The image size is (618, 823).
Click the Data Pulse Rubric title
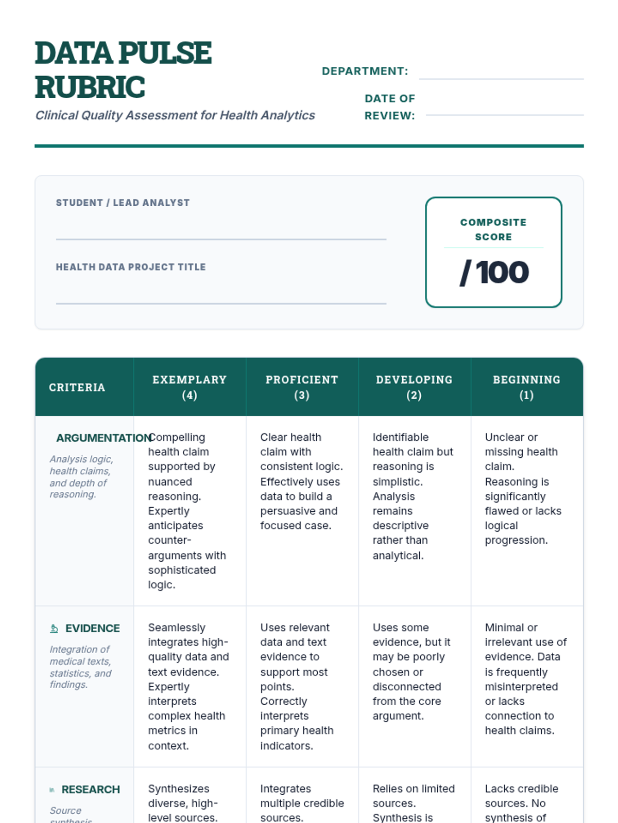point(124,69)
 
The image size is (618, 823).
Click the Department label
point(365,71)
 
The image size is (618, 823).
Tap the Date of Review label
point(390,107)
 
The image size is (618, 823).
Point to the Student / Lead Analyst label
point(123,203)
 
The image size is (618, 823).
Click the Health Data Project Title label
point(131,267)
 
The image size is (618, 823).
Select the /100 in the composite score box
point(494,272)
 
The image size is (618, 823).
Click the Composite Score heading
point(493,229)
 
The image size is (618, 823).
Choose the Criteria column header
point(77,387)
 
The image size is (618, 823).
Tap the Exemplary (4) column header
point(190,387)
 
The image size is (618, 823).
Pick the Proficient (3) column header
point(302,387)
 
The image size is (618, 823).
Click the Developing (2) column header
point(414,387)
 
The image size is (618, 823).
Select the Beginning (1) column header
point(526,387)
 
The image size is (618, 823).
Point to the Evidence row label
point(93,628)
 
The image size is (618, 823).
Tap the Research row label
point(91,789)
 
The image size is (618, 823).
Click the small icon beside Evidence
point(54,628)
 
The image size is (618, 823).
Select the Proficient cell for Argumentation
point(301,481)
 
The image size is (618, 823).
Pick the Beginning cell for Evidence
point(525,679)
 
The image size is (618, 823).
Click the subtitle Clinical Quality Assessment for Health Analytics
point(175,115)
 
